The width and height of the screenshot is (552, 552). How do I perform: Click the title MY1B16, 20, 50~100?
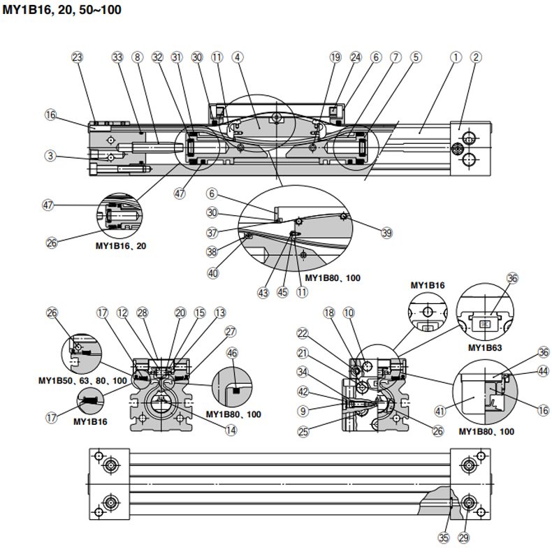(61, 11)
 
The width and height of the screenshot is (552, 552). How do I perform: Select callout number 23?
(77, 57)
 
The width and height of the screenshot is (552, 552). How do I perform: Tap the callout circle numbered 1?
(456, 57)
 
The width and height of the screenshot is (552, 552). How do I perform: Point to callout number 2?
(477, 57)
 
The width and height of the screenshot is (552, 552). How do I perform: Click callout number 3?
(50, 157)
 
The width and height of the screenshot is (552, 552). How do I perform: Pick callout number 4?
(238, 57)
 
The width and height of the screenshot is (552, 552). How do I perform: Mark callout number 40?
(213, 273)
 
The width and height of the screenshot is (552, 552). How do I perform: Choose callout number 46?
(233, 354)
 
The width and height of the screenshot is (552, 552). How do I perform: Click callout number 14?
(231, 430)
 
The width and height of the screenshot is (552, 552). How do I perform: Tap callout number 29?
(463, 537)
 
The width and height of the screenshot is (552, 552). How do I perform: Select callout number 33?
(117, 57)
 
